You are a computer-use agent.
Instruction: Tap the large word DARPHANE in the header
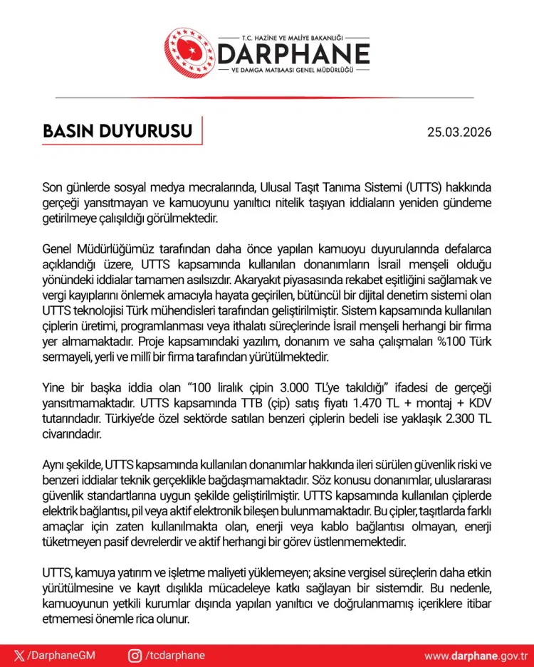293,54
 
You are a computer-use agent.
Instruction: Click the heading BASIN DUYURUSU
118,132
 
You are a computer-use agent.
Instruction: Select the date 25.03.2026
459,132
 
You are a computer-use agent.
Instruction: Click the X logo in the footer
19,656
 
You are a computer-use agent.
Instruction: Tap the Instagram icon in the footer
135,656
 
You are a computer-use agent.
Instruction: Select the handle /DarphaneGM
61,656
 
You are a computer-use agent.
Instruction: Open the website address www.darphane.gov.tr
475,656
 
